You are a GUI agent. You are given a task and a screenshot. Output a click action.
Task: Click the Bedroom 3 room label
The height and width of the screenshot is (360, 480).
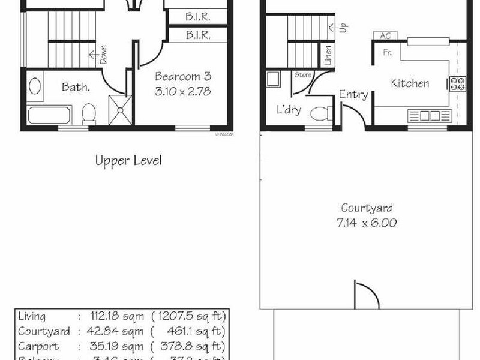183,77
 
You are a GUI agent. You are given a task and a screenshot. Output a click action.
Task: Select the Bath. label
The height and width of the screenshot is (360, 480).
76,87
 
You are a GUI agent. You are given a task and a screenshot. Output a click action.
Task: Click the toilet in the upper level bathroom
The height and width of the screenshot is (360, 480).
89,112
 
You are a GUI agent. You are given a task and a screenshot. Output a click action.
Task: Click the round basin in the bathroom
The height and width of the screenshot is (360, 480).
35,85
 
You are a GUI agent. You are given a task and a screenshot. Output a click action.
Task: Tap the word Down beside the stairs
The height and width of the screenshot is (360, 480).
103,55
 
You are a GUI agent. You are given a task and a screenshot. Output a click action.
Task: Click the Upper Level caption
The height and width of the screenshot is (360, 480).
128,161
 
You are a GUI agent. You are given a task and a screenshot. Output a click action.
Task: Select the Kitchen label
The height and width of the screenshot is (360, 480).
410,83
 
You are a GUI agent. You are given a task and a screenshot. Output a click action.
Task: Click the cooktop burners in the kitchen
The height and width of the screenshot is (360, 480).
457,83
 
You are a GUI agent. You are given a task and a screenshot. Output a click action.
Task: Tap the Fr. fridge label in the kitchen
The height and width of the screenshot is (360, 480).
388,53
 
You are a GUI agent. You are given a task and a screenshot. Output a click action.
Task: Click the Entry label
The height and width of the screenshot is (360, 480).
353,95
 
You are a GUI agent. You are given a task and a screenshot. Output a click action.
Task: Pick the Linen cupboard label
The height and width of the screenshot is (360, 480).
328,56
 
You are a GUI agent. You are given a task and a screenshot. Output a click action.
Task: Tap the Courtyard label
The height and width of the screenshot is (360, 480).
367,209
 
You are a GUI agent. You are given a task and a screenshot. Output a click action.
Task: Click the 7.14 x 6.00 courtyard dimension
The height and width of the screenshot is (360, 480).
367,223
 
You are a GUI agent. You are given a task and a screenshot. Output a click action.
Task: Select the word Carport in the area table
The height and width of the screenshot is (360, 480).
39,346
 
